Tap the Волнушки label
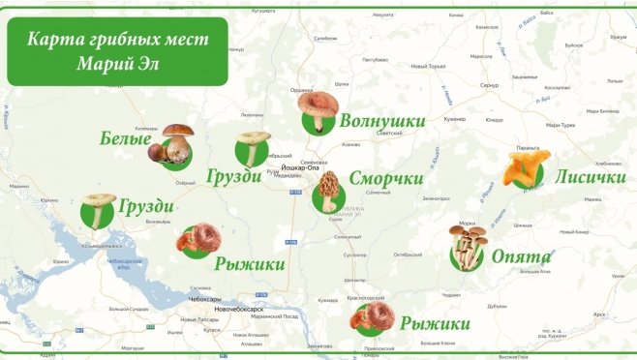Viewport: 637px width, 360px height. tap(382, 121)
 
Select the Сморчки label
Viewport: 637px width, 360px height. tap(385, 179)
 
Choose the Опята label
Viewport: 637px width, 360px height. tap(521, 257)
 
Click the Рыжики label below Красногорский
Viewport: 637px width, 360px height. tap(435, 323)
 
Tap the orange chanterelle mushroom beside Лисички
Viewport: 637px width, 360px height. tap(527, 166)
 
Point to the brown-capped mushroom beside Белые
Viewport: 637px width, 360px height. tap(170, 142)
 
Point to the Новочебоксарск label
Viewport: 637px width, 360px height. tap(240, 309)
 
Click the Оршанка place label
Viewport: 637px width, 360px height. tap(302, 90)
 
